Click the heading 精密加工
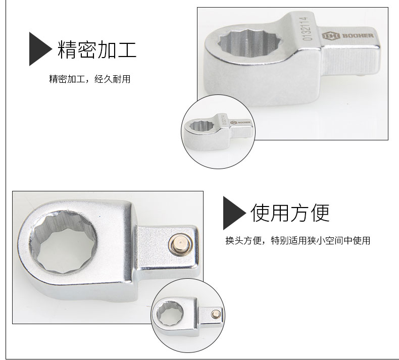tap(97, 49)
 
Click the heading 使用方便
tap(290, 213)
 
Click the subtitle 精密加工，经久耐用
tap(89, 79)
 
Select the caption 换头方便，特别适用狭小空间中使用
tap(297, 240)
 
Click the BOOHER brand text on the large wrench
tap(358, 35)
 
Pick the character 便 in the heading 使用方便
tap(320, 213)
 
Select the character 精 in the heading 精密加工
tap(67, 49)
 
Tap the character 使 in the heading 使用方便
tap(260, 213)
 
